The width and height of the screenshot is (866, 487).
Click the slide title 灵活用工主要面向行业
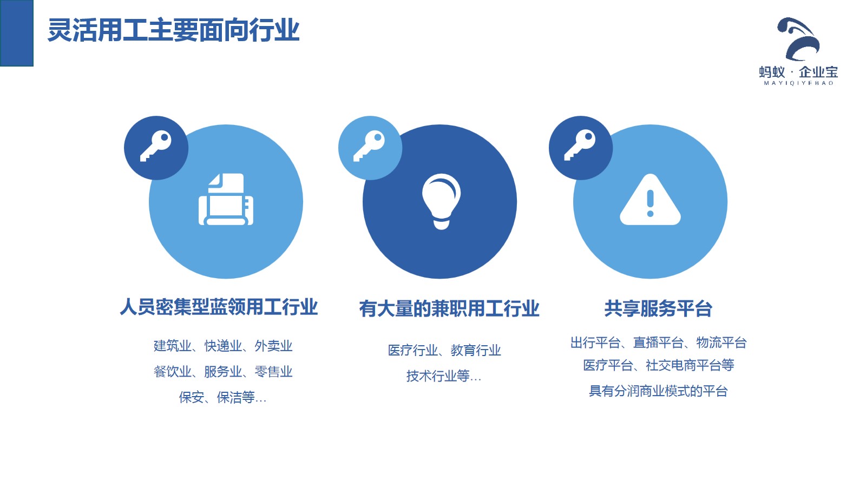(174, 30)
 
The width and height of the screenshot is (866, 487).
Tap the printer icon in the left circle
(226, 200)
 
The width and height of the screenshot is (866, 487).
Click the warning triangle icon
(650, 200)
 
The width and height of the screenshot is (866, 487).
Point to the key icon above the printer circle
(156, 146)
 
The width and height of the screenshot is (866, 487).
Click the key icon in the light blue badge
(369, 146)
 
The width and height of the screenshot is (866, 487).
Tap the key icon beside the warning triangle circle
(580, 145)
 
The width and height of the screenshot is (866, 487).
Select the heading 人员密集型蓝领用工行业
(219, 307)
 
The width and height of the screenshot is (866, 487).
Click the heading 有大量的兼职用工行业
(449, 309)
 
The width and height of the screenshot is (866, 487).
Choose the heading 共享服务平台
(658, 309)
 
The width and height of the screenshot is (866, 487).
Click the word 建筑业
(173, 346)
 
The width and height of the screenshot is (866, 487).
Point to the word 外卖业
(273, 346)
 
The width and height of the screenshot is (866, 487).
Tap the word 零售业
(273, 371)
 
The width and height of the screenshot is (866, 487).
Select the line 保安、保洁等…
(222, 397)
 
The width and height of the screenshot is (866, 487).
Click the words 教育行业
(476, 351)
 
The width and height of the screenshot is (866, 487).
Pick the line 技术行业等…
(444, 376)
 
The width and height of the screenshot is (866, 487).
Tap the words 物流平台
(721, 343)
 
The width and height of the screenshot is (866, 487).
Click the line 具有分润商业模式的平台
(658, 391)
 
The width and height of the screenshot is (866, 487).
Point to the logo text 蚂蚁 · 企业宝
(798, 72)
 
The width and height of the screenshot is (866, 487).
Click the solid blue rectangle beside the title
(17, 33)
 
